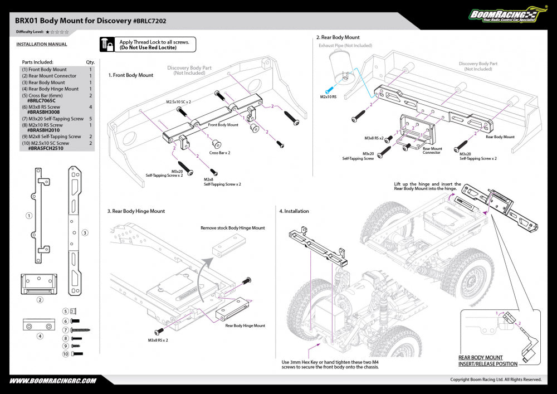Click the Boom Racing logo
(x=504, y=16)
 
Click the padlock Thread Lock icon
(x=108, y=45)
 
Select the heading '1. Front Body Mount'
(x=131, y=75)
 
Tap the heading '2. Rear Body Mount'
(x=338, y=37)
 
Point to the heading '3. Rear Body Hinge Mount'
(x=136, y=211)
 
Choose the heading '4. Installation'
(x=294, y=211)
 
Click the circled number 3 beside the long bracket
(x=85, y=232)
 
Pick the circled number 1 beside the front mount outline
(x=28, y=215)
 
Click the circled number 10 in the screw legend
(x=65, y=354)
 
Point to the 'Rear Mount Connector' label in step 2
(x=432, y=150)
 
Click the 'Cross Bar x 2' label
(x=219, y=152)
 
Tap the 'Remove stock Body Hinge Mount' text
(x=233, y=228)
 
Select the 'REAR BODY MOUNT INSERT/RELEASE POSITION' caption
(x=487, y=361)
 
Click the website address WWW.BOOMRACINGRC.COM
(x=53, y=381)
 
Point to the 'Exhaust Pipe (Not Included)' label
(x=345, y=46)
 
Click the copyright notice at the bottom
(x=496, y=380)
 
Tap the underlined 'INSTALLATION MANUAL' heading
(x=42, y=44)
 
